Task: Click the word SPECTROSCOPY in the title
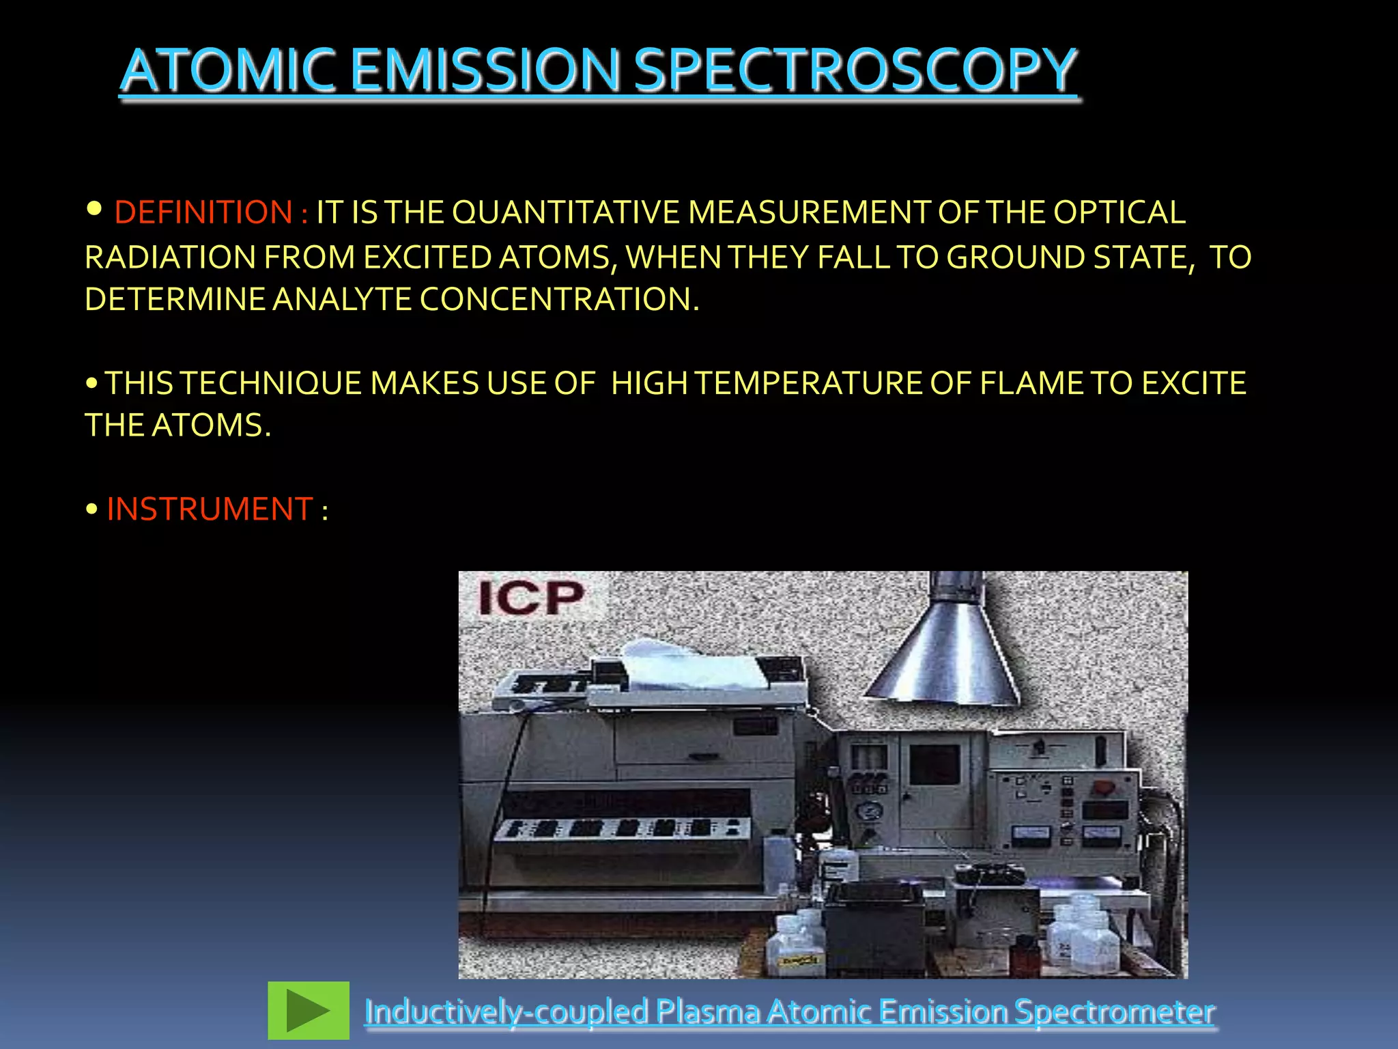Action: coord(855,70)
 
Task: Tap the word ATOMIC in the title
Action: coord(228,70)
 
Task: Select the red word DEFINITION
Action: coord(203,212)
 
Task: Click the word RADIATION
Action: coord(170,257)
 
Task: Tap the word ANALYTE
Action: coord(341,299)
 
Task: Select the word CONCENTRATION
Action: coord(559,299)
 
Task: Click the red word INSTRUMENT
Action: coord(210,509)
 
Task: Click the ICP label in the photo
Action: coord(531,598)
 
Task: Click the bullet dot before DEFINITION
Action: coord(95,208)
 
